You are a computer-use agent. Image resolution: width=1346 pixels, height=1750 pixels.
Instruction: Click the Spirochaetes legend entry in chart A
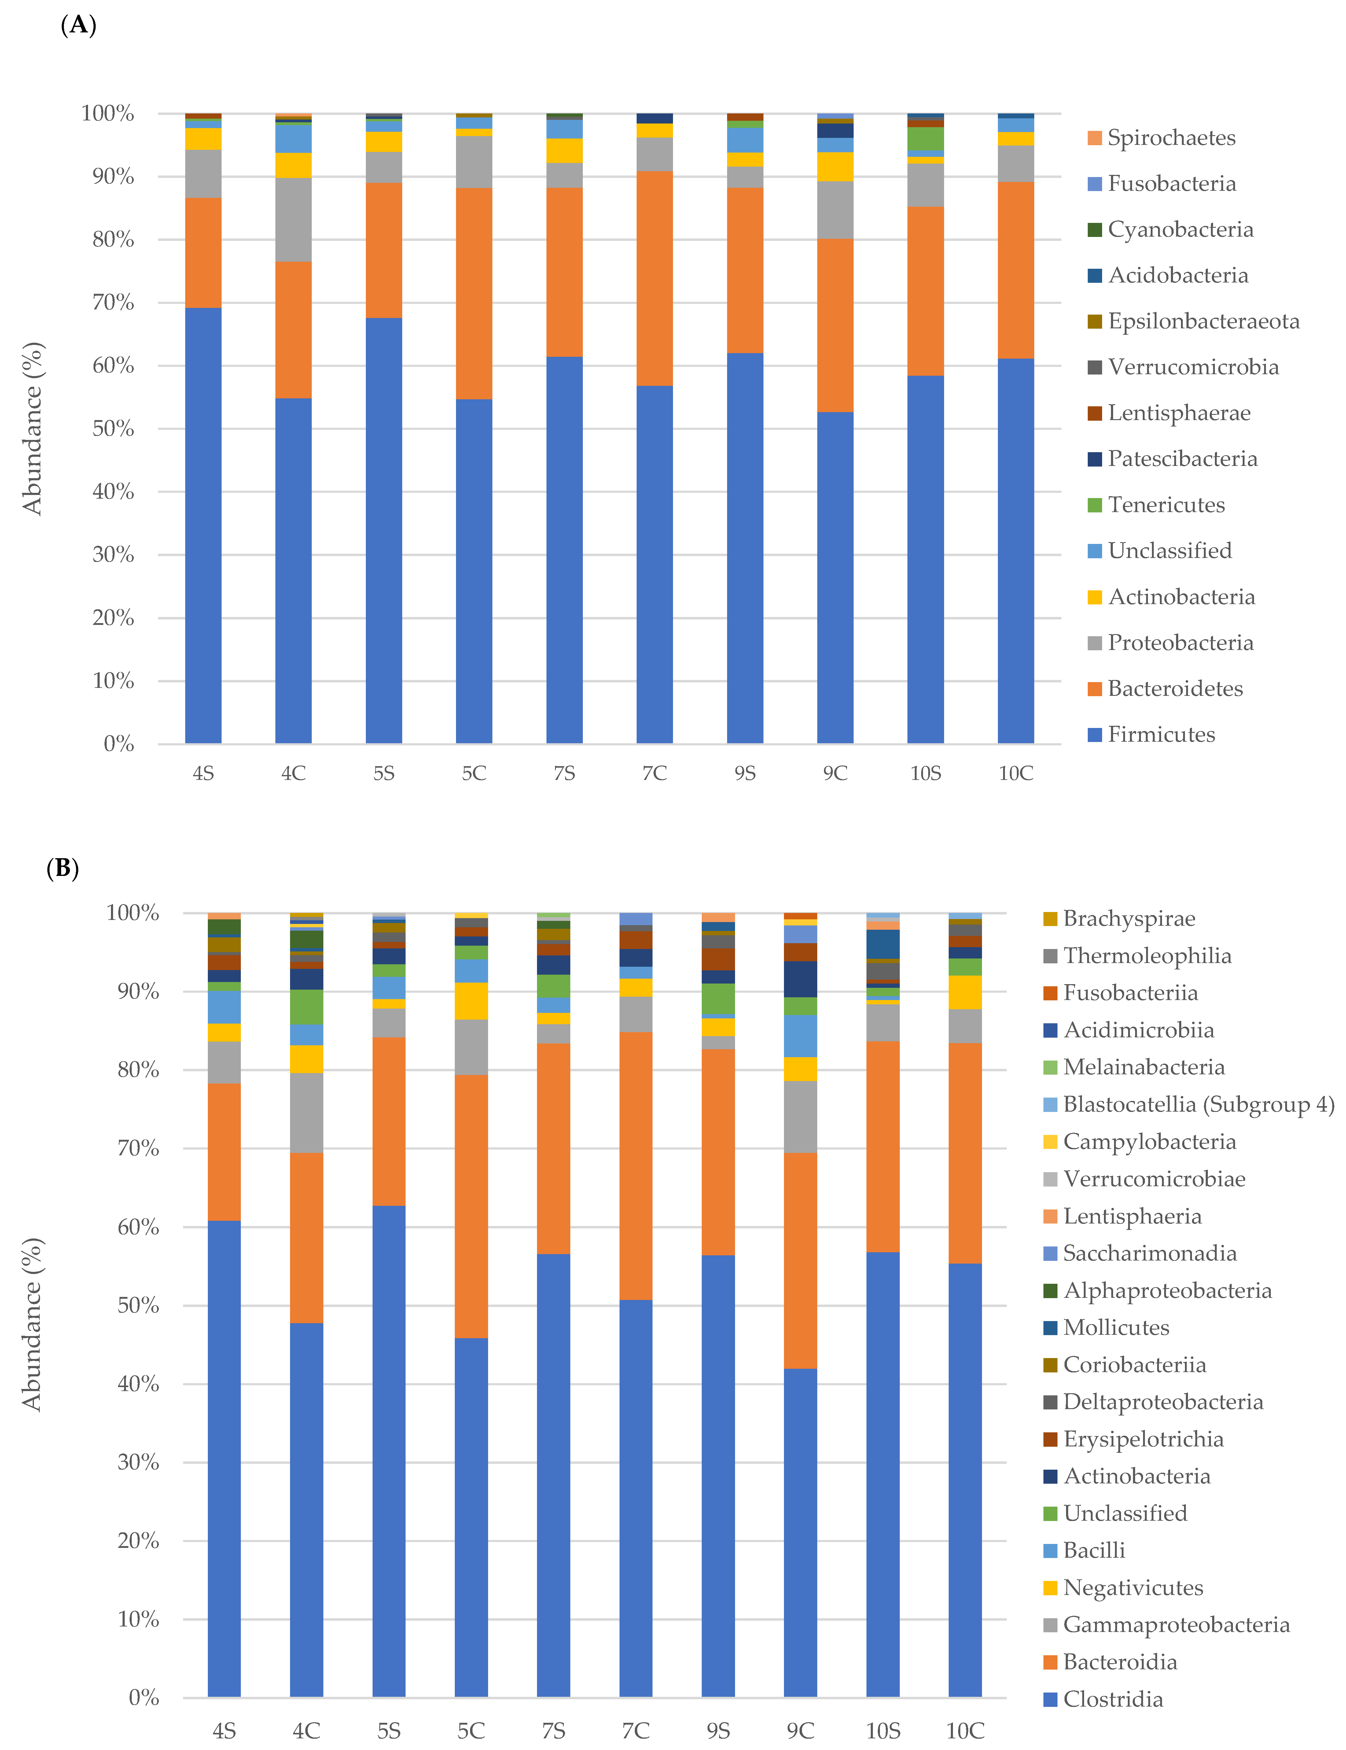[1171, 138]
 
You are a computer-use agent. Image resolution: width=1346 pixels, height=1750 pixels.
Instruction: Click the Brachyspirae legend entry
[1128, 918]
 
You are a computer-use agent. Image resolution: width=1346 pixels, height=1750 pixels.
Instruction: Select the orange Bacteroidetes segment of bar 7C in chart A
[655, 278]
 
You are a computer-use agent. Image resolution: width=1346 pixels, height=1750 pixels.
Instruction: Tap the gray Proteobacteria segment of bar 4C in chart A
[293, 220]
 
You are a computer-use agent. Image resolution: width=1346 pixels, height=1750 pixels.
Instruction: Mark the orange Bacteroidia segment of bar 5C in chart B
[471, 1206]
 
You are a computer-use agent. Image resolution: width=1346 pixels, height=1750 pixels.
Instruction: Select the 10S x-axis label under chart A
[925, 773]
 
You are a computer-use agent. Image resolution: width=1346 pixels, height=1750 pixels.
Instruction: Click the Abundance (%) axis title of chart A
[32, 429]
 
